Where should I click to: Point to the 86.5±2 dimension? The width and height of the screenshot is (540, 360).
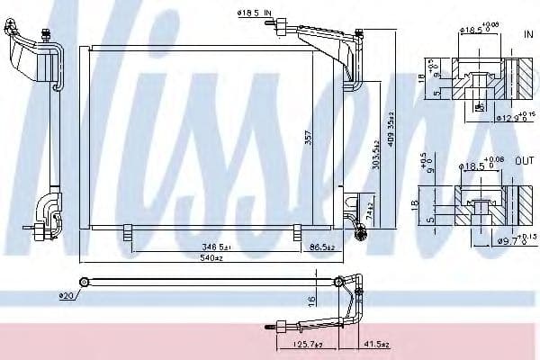(x=321, y=245)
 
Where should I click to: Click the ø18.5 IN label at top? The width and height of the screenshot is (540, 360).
(x=253, y=12)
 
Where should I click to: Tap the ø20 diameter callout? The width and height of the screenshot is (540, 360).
(x=65, y=295)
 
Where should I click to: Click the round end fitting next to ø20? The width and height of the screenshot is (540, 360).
(x=83, y=283)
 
